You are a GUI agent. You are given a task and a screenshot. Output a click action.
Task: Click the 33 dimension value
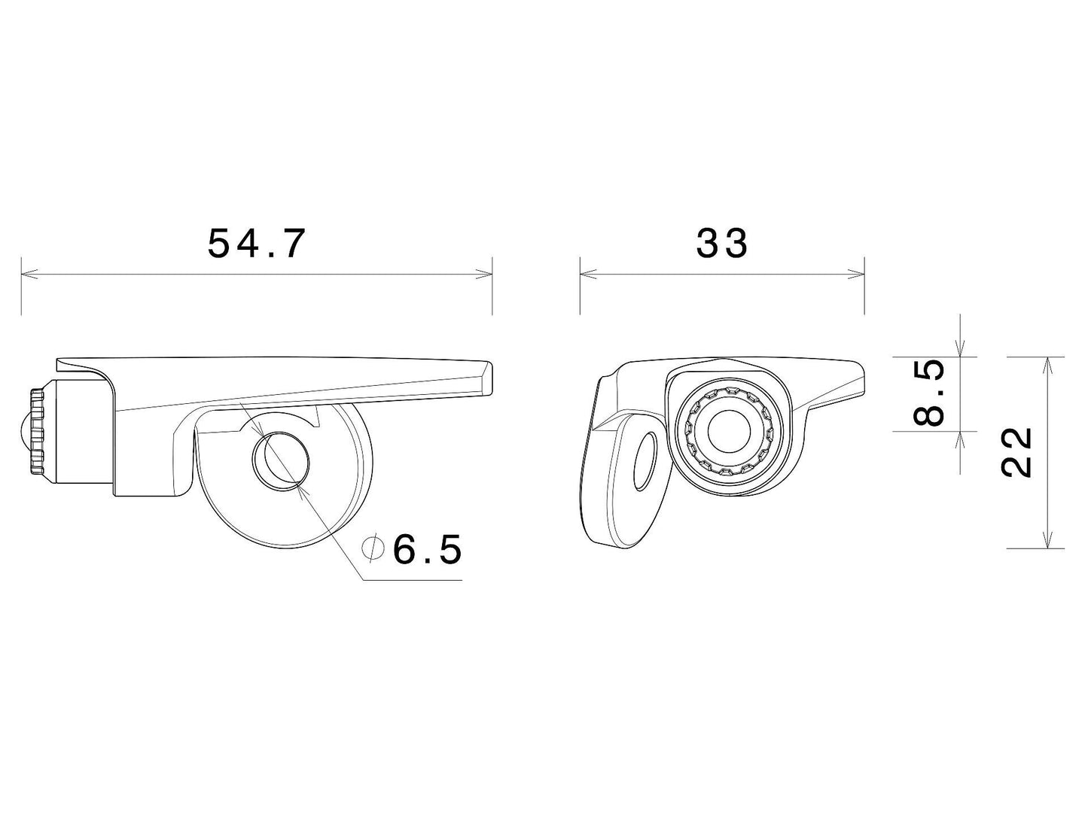click(721, 243)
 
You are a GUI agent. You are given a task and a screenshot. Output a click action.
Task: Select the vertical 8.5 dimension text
click(932, 393)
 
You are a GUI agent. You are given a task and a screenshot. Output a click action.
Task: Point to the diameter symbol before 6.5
click(372, 549)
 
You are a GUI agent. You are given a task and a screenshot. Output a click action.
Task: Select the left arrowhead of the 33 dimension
click(587, 274)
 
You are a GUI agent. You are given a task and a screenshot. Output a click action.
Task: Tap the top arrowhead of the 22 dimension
click(1046, 364)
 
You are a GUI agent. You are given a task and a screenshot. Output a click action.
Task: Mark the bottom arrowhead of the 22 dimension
click(1046, 540)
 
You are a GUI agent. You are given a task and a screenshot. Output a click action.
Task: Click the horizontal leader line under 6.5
click(413, 581)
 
